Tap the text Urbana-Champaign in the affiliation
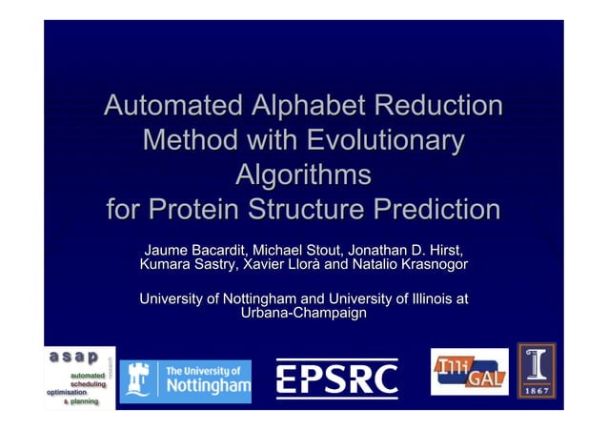[303, 314]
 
